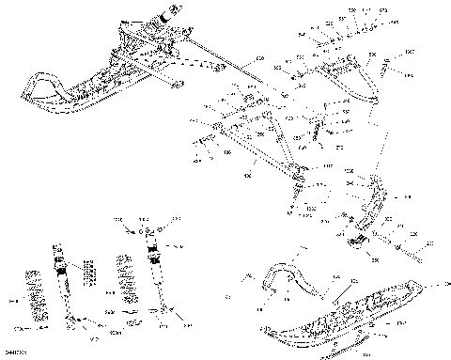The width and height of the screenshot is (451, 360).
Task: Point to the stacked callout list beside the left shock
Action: pyautogui.click(x=90, y=273)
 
